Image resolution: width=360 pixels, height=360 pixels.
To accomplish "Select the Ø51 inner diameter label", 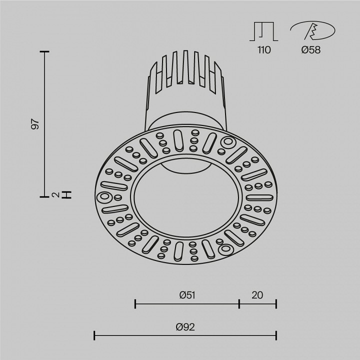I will [x=186, y=295].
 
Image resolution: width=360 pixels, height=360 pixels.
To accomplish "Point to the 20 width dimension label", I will [x=257, y=295].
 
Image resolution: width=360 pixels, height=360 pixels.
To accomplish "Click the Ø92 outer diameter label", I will [x=185, y=327].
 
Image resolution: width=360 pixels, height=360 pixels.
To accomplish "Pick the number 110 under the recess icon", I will [x=264, y=49].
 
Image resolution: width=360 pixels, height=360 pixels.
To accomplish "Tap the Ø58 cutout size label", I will [x=311, y=49].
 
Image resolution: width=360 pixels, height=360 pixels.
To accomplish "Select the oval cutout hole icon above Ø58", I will [x=312, y=31].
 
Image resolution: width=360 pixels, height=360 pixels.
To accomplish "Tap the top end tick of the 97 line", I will [x=45, y=51].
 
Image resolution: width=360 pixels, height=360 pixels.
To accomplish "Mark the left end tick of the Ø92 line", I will [x=95, y=334].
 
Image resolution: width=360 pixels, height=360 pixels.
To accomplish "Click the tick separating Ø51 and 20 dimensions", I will [x=239, y=303].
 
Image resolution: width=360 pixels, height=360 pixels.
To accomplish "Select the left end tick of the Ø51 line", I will [x=135, y=303].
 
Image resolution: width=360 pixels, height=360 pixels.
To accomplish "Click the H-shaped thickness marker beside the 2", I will [x=68, y=194].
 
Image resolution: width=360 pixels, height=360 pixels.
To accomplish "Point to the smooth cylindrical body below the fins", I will [x=185, y=107].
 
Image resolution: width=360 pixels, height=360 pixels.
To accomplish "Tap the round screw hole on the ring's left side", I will [x=105, y=196].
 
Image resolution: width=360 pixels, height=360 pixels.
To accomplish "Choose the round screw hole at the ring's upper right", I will [x=228, y=142].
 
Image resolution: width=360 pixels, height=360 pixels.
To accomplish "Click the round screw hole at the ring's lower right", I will [x=224, y=248].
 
